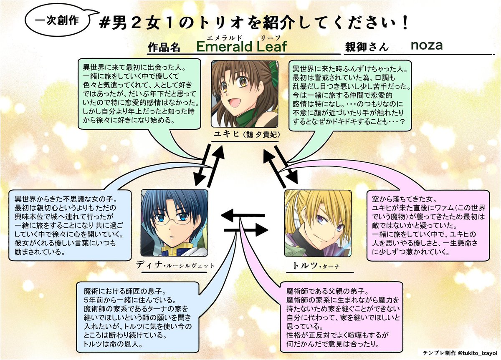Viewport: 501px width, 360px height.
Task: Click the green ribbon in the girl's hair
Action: (273, 67)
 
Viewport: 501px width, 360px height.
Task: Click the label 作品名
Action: (164, 47)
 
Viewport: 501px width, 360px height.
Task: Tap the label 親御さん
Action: (366, 47)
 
